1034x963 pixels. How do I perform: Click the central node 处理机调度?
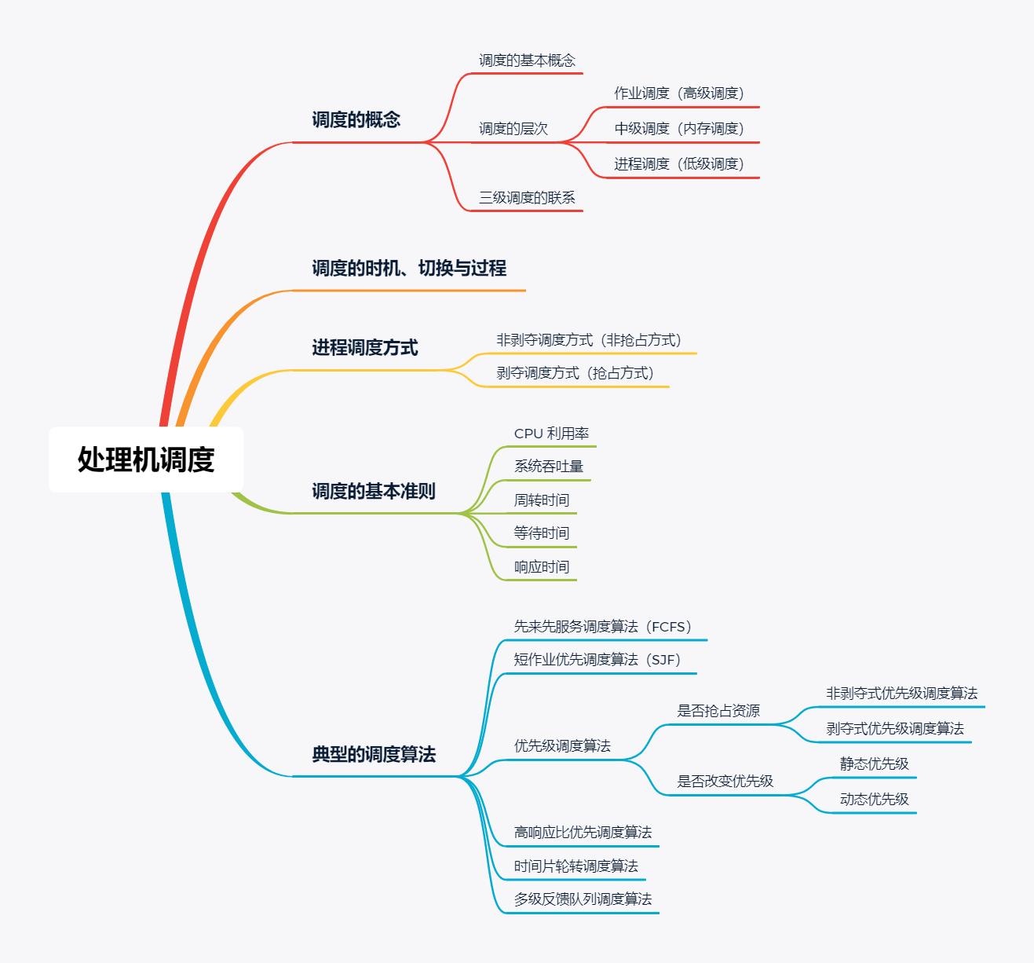146,460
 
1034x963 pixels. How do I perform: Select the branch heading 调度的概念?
356,120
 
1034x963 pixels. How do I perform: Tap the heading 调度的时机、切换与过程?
408,269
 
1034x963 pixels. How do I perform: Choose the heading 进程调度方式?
364,348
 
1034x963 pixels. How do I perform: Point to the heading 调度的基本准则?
373,492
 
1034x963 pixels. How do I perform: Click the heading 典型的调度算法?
374,755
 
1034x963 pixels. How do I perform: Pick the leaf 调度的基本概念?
527,60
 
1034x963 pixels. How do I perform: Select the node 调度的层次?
513,129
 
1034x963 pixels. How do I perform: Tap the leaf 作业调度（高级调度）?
679,93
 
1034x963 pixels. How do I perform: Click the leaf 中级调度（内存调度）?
679,129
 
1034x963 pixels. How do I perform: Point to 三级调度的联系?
527,198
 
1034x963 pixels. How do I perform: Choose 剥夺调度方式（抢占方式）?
575,373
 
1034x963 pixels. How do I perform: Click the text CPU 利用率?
551,434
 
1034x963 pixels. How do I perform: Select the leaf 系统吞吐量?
549,467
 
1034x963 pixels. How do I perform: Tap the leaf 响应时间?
542,567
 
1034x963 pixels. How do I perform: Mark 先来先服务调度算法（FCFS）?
602,627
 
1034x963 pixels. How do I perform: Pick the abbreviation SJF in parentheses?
665,660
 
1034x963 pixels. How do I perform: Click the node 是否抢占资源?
718,711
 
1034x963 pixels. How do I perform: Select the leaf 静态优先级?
874,764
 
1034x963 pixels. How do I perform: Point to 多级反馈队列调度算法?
583,899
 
